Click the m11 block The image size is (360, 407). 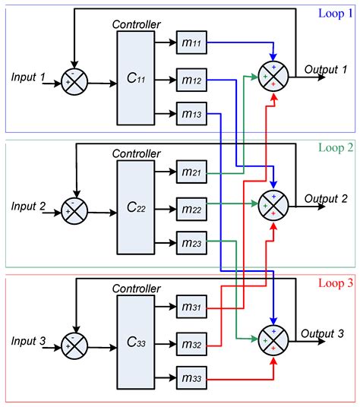190,43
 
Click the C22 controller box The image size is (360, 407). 137,207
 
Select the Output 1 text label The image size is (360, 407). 326,69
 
